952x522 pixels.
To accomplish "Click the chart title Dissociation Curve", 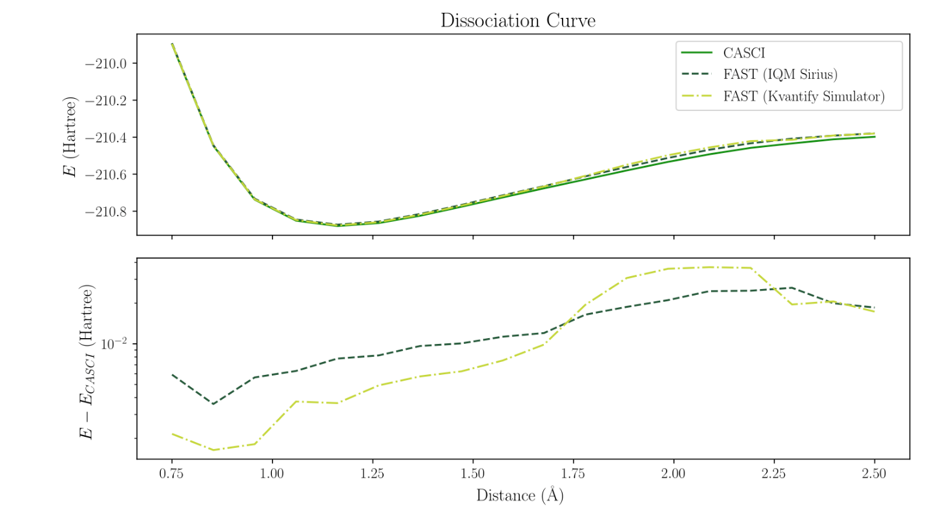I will (517, 21).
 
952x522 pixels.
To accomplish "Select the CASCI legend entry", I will (744, 53).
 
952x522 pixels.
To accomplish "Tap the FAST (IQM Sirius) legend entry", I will (780, 75).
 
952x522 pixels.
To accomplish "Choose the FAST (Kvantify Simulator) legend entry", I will (803, 97).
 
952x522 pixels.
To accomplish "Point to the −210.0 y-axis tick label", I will (107, 64).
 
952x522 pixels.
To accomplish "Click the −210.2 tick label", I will (107, 101).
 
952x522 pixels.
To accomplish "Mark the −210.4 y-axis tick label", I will (107, 137).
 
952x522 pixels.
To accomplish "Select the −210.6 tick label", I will (107, 175).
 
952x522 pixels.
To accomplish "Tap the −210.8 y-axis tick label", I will (107, 212).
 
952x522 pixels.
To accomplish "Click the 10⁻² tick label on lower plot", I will (115, 343).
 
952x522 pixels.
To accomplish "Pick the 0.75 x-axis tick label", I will (171, 474).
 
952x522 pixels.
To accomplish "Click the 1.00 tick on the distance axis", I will (272, 474).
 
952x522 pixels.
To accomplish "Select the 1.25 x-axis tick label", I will (372, 474).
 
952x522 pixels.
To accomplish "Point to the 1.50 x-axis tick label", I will (473, 474).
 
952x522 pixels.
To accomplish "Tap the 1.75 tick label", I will (573, 474).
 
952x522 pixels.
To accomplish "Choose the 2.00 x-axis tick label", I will (674, 474).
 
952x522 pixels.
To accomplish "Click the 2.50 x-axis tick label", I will (874, 474).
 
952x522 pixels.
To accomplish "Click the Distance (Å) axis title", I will (520, 496).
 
